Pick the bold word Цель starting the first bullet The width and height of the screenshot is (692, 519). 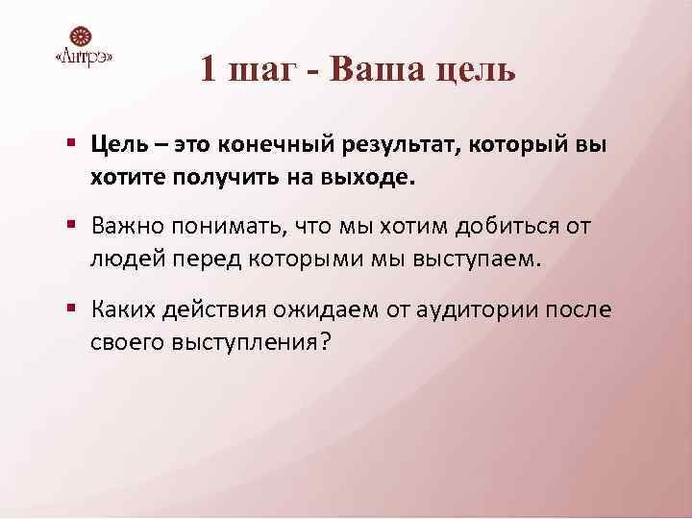pyautogui.click(x=119, y=144)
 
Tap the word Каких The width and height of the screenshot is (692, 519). pyautogui.click(x=123, y=309)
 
